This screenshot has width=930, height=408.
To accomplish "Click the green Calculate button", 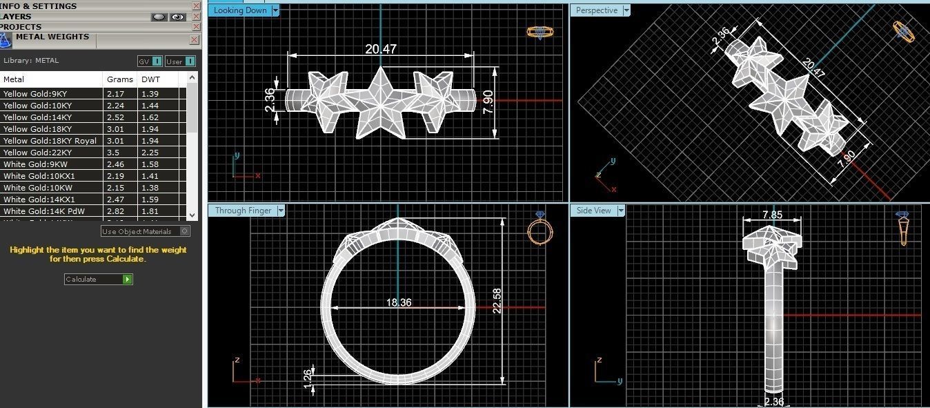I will click(128, 280).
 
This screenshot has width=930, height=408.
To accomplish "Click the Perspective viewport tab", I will click(597, 10).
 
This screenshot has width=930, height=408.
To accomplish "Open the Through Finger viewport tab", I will click(243, 211).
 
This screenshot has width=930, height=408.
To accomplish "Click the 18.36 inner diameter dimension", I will click(398, 302).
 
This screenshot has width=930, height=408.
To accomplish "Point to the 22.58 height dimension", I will click(497, 300).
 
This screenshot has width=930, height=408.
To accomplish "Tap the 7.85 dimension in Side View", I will click(772, 215).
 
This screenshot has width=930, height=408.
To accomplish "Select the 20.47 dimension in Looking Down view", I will click(381, 49).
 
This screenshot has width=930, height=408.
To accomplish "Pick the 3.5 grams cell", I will click(112, 153).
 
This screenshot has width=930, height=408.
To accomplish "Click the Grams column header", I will click(120, 79).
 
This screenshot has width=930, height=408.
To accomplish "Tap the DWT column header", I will click(150, 79).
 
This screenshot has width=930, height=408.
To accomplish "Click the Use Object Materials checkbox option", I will click(145, 231).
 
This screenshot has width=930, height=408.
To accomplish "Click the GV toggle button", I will click(150, 61).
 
